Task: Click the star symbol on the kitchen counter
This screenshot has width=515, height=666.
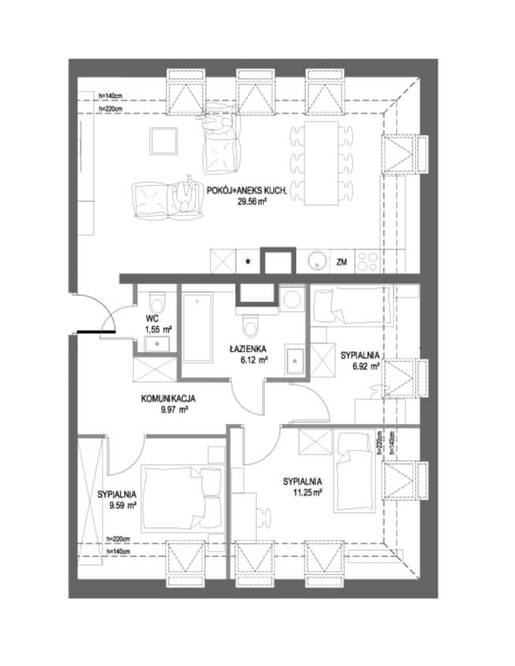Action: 248,261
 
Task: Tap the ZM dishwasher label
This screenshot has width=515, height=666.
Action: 341,262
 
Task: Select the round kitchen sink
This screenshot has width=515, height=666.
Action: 316,260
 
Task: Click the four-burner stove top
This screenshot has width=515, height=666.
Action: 368,261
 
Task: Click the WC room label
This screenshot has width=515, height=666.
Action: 151,319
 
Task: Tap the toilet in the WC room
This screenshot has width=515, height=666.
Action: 157,302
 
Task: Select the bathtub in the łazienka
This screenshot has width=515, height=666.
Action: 197,327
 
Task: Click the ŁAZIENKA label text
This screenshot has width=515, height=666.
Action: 248,349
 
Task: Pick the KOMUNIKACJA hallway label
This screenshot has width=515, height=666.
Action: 168,398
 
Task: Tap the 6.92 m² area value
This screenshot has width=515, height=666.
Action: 366,365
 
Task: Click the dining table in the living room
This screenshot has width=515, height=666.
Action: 321,163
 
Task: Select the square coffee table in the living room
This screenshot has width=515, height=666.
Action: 163,141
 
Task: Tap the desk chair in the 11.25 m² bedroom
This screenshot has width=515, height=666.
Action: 263,518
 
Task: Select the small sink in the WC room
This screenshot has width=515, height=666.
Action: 158,343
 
